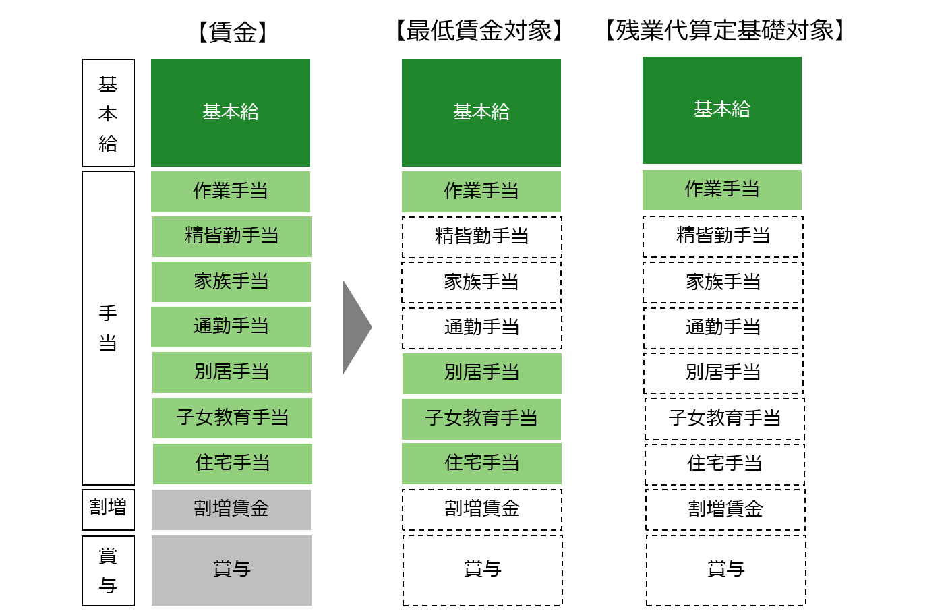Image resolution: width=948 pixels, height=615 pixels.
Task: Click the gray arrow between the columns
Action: pos(356,327)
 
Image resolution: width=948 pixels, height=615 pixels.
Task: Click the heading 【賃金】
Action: pos(233,32)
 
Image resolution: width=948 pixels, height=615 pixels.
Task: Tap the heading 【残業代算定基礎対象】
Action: pos(725,31)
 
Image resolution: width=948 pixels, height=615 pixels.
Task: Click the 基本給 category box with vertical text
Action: pos(108,113)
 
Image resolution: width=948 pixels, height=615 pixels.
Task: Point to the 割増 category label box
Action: pos(108,508)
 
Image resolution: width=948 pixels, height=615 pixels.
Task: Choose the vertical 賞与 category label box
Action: pos(108,570)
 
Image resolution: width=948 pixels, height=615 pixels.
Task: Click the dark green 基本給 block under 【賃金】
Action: pos(231,113)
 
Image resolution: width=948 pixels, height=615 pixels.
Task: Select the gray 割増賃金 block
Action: pos(231,509)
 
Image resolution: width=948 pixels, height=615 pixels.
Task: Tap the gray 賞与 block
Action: pos(231,570)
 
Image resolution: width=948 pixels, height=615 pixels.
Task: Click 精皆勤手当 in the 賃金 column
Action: pos(231,236)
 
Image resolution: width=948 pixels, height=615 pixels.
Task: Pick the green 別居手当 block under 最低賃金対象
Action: pos(481,373)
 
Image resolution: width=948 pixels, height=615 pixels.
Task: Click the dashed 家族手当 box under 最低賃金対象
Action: pos(481,282)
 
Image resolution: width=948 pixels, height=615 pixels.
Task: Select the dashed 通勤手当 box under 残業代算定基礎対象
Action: pos(723,328)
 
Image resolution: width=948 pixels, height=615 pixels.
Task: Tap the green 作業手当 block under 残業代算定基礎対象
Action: pos(721,189)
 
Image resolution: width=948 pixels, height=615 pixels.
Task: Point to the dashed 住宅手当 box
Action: pos(725,463)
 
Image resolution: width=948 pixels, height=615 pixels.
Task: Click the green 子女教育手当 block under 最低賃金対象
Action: pos(481,419)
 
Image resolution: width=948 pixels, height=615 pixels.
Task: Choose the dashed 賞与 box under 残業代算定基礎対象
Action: pos(725,570)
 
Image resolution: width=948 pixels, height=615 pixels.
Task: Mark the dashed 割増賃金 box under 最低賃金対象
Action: pos(481,509)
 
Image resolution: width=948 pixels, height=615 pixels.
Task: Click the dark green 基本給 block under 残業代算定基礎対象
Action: pos(721,110)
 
